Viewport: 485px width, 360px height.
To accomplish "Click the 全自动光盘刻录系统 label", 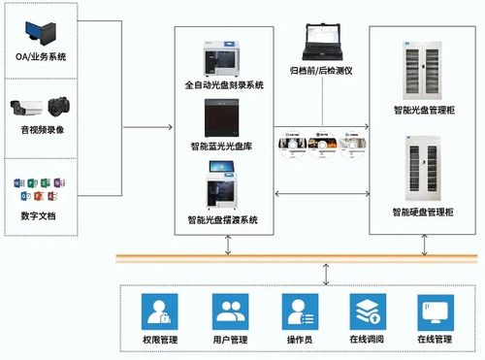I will [224, 85].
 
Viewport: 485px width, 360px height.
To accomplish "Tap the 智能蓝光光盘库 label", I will [224, 147].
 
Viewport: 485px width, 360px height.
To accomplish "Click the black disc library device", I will [224, 119].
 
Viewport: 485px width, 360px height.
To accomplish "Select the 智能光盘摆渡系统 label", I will [224, 220].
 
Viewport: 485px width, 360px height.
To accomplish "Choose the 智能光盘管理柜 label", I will [424, 112].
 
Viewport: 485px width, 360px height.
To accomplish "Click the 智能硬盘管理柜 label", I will [424, 212].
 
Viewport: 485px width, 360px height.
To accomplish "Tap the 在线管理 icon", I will [434, 311].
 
